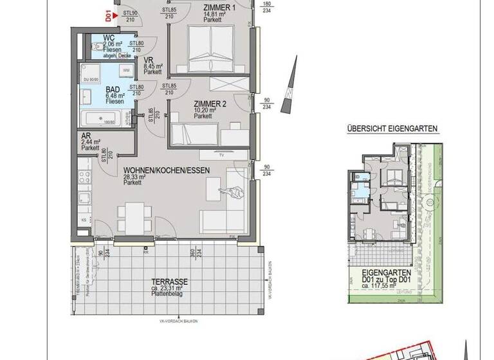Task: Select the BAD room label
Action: pyautogui.click(x=113, y=89)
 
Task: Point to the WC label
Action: pyautogui.click(x=109, y=37)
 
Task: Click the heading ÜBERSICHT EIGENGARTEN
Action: pyautogui.click(x=392, y=129)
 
